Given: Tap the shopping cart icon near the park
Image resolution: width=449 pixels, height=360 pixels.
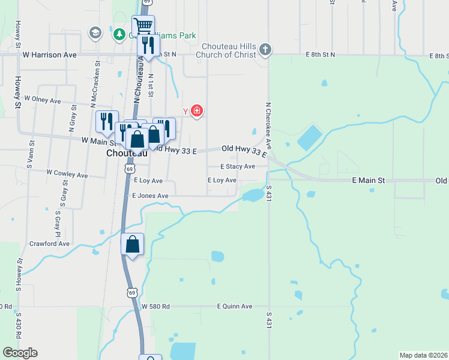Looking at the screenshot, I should coord(143,26).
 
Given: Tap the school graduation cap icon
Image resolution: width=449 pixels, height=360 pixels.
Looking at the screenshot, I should coord(95,32).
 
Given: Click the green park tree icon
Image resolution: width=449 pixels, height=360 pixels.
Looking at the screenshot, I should coord(119,34).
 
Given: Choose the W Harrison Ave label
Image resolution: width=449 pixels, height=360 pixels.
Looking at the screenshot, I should coord(49,55).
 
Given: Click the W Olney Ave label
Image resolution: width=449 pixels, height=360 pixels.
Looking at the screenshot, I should coord(42,100).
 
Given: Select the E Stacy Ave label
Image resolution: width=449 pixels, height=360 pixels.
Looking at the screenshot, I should coord(237,166).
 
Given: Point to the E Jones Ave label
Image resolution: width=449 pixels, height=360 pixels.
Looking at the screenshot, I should coord(150,196).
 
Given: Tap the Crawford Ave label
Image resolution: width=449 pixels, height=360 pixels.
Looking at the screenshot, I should coord(49,244).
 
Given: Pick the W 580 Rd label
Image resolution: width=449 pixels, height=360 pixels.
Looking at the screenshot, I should coord(155,306).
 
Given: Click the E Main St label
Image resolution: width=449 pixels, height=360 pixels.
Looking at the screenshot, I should coord(368,180).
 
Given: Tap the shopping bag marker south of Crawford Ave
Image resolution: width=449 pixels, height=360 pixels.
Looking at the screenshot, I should coord(132,244).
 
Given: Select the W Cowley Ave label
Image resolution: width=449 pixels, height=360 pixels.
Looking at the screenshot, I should coord(67,176).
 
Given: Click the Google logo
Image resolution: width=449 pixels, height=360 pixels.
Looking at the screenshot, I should coord(20,353).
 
